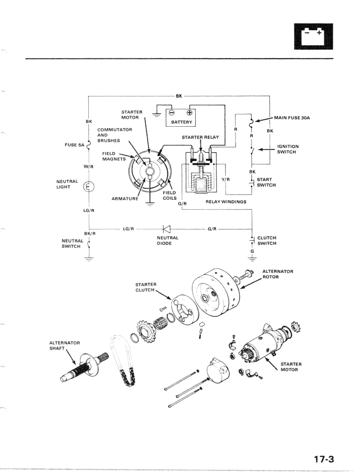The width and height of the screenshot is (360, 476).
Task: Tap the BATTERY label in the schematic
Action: (181, 122)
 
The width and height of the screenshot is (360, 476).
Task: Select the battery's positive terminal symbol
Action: (188, 113)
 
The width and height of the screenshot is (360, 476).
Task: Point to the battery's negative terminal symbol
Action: (172, 113)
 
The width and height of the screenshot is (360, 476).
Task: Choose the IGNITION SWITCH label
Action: (288, 149)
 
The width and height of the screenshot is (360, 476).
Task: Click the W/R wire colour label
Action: (89, 166)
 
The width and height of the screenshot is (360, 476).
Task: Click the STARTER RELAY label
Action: (201, 137)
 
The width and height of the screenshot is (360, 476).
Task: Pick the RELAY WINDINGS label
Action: (225, 201)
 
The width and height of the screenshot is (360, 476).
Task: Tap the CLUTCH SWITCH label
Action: (267, 240)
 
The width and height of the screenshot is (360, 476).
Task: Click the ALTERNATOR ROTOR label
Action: (278, 274)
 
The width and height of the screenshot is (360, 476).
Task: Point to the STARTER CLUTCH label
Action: (146, 287)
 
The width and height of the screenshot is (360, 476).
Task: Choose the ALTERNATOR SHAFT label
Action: (65, 346)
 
